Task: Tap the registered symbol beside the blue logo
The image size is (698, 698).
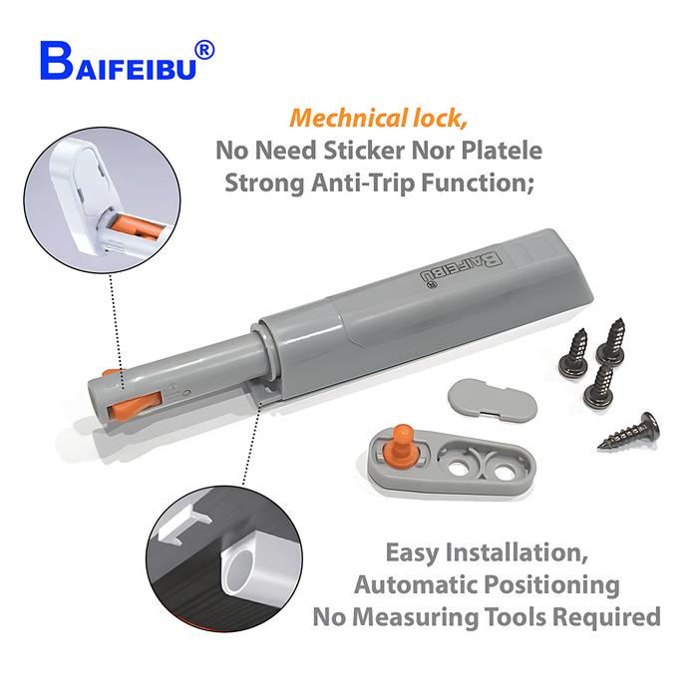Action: click(x=201, y=46)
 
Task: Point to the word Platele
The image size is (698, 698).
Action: click(x=502, y=152)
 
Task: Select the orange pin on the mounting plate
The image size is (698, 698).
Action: click(x=402, y=443)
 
